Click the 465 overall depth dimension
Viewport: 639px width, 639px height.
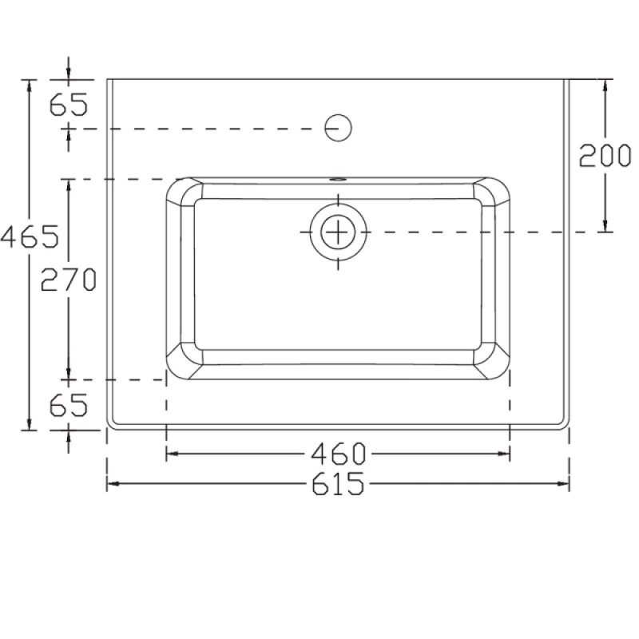coord(30,236)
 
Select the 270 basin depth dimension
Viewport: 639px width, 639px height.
coord(69,279)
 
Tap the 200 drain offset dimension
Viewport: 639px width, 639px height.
coord(605,155)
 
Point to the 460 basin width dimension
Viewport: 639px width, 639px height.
coord(338,454)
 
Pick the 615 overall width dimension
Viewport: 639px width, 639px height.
coord(338,483)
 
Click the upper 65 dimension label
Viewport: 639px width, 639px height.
coord(69,105)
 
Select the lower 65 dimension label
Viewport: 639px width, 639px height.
coord(69,405)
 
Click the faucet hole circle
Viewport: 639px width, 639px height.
coord(338,128)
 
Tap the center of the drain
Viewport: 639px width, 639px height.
coord(338,232)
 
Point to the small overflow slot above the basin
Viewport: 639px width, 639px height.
coord(338,179)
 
